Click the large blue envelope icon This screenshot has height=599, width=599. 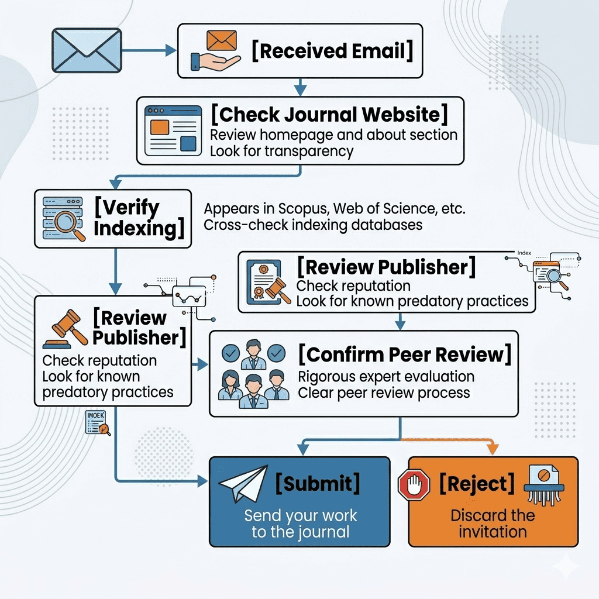[87, 50]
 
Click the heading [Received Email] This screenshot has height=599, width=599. [332, 51]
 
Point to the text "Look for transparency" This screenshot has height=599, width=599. [281, 151]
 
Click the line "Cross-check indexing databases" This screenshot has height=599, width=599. [312, 225]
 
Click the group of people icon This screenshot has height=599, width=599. [253, 374]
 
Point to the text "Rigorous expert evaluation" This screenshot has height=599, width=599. [386, 376]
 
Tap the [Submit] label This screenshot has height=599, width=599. [317, 484]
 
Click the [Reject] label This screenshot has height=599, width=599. [477, 484]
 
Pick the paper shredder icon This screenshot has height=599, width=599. [543, 484]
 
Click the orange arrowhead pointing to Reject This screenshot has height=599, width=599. [493, 449]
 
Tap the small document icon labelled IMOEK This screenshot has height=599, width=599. [97, 423]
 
